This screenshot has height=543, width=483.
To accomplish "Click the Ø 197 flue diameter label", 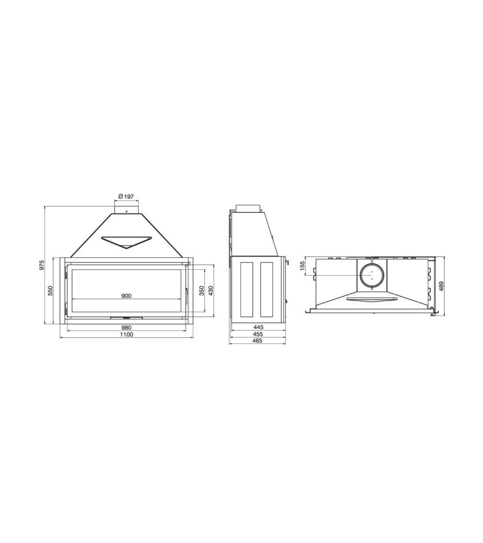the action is click(126, 196).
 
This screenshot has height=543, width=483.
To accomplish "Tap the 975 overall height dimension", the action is click(42, 265).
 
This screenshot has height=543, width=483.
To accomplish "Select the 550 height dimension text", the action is click(50, 290).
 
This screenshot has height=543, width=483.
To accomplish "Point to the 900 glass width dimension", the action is click(127, 296).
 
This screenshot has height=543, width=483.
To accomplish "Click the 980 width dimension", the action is click(127, 327).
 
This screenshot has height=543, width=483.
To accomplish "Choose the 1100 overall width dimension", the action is click(127, 334).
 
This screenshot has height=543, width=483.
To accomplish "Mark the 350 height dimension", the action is click(201, 291).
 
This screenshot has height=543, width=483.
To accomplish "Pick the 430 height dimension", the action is click(211, 291).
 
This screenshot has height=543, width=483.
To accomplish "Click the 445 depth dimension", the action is click(258, 327).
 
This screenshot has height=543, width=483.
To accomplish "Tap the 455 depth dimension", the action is click(258, 334).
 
